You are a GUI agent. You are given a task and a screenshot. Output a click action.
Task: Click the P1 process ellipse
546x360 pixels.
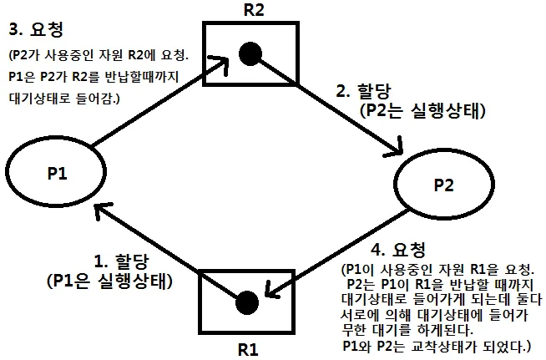click(x=58, y=174)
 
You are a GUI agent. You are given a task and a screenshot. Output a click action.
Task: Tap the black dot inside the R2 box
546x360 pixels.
click(x=248, y=54)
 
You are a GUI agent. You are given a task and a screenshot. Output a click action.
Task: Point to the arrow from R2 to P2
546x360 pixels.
click(x=351, y=113)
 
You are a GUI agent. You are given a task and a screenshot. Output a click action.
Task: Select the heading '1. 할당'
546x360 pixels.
click(x=114, y=260)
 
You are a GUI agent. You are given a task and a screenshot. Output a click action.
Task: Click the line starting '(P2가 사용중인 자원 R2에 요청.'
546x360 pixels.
click(x=98, y=57)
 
